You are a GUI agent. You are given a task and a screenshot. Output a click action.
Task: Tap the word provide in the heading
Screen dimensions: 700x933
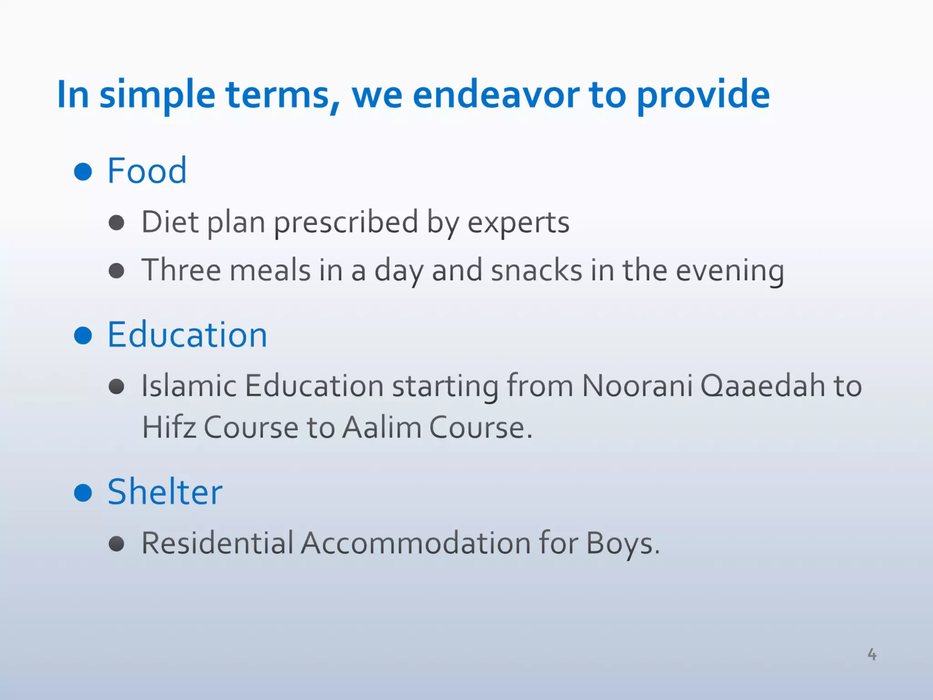(702, 96)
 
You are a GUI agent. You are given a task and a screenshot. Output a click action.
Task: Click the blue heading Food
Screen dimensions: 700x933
(147, 171)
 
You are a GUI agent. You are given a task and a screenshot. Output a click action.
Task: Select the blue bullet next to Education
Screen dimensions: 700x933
(83, 335)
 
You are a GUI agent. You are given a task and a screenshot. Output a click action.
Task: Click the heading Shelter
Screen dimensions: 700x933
(165, 492)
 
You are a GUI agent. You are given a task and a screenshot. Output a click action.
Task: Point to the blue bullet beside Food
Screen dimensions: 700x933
(83, 171)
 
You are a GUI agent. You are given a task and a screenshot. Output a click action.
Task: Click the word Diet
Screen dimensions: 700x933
(169, 222)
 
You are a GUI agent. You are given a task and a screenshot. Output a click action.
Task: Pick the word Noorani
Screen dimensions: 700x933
(637, 386)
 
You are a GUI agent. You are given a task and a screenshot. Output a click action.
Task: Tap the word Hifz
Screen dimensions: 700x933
(169, 427)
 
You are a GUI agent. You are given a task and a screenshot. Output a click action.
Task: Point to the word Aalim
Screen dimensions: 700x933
(382, 427)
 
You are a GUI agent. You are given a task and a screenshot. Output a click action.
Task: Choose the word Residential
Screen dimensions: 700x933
(217, 543)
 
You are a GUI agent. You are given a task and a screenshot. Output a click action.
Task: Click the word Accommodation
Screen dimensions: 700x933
(415, 543)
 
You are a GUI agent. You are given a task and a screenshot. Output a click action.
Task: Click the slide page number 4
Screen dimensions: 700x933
(871, 654)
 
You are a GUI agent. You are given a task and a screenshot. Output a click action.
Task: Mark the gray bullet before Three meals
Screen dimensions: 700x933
(117, 271)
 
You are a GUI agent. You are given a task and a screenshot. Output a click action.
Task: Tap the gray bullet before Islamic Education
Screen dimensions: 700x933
(117, 386)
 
